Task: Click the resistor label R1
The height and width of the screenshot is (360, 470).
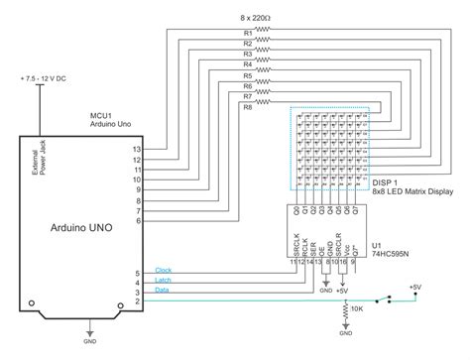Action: coord(247,33)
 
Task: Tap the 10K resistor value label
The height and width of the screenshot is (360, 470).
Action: coord(357,310)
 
